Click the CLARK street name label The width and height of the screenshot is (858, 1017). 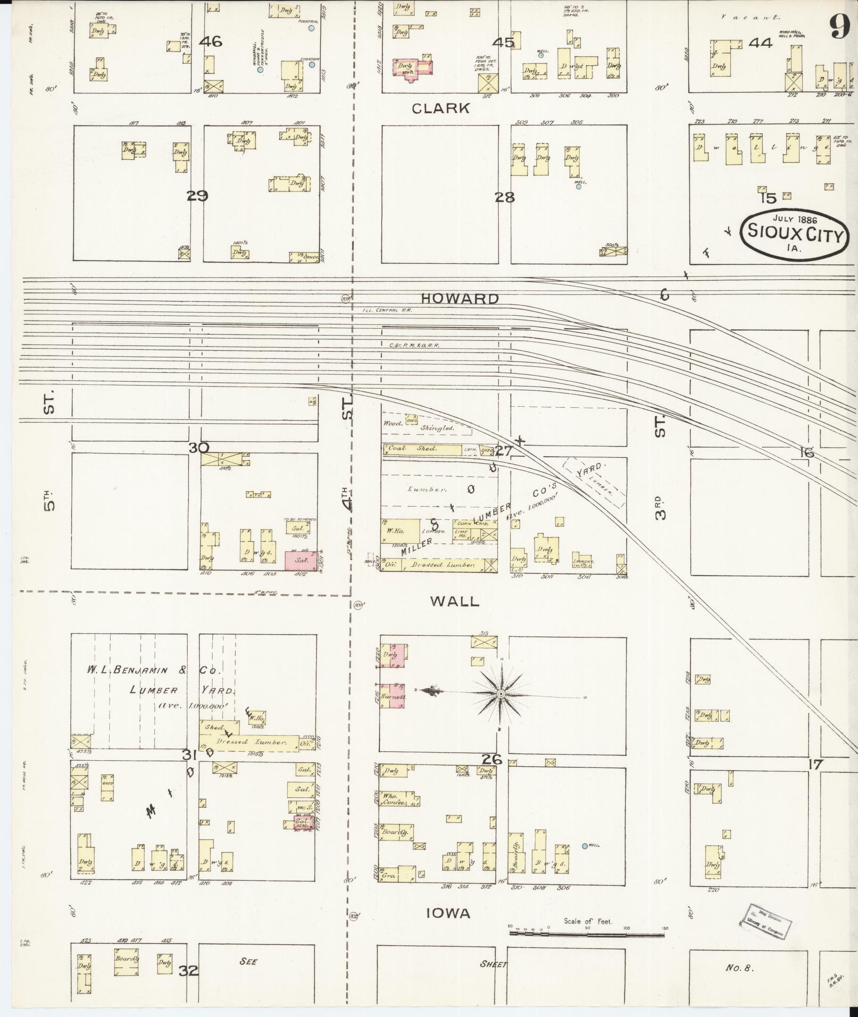click(441, 108)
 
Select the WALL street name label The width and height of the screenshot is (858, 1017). click(455, 601)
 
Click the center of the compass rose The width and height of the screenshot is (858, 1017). click(501, 694)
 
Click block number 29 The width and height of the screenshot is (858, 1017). click(197, 196)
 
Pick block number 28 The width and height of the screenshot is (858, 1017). click(504, 198)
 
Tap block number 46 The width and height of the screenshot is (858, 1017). click(211, 41)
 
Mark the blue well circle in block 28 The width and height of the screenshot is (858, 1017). click(579, 187)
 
